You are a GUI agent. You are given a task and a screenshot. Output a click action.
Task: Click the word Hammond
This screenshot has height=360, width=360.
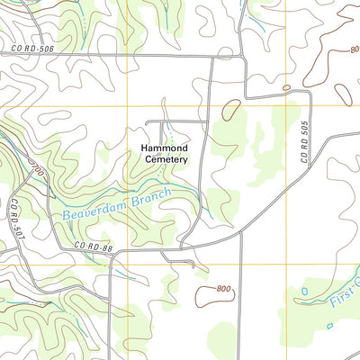click(x=164, y=148)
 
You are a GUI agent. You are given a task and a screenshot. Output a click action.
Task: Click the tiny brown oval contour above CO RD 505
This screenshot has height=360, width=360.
click(x=286, y=87)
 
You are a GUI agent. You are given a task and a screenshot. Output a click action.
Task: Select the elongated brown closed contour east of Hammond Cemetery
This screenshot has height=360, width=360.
click(x=232, y=111)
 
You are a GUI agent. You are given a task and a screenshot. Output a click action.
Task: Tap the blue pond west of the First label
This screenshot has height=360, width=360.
click(x=303, y=292)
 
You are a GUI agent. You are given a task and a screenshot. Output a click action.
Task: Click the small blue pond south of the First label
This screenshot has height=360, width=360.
click(x=329, y=326)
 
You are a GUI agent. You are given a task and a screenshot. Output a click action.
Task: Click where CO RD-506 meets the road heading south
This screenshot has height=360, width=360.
click(x=212, y=57)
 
